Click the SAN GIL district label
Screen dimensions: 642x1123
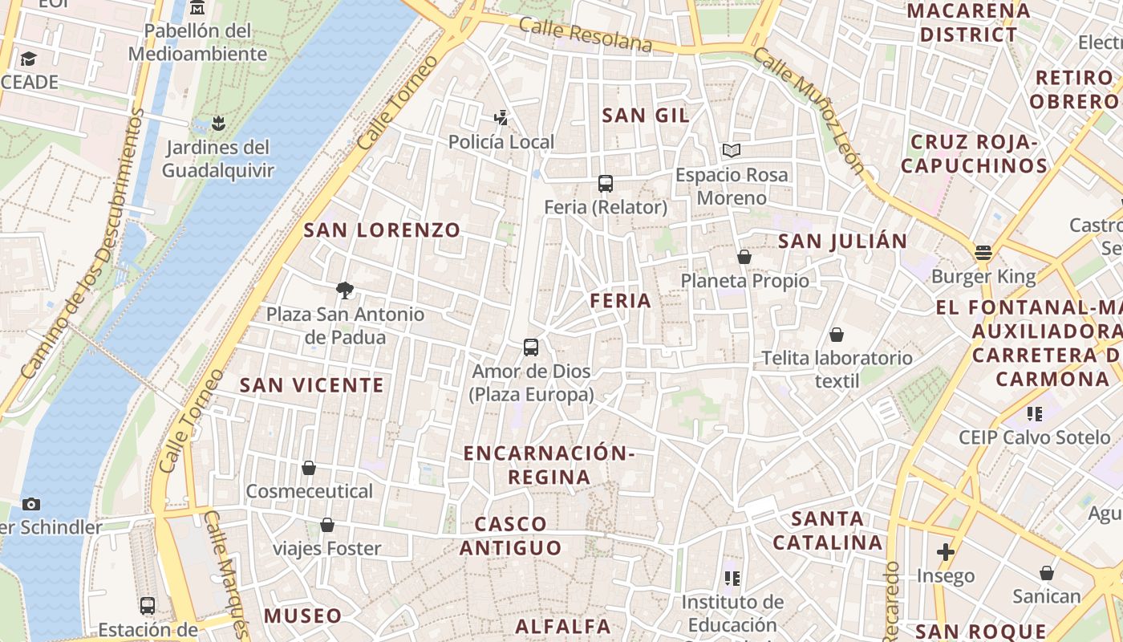[x=645, y=116]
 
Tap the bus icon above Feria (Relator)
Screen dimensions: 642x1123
[x=606, y=184]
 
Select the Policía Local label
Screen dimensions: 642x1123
[x=501, y=142]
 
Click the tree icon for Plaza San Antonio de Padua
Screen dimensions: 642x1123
[x=345, y=291]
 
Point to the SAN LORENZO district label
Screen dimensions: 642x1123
[x=382, y=231]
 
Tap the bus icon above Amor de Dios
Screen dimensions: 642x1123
[x=531, y=347]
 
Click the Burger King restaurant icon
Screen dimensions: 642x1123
[x=983, y=253]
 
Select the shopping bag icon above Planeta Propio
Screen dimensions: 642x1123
[x=744, y=257]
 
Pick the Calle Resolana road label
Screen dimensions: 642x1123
[x=585, y=35]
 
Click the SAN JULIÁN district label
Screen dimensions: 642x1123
[x=842, y=242]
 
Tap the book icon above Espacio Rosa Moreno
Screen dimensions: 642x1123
[x=731, y=150]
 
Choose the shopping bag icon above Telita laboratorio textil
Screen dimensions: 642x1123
[x=837, y=334]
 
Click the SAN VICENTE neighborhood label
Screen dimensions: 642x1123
[x=312, y=385]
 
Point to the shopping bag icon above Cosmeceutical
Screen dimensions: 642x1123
[x=309, y=467]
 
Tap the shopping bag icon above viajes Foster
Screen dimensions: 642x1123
[x=327, y=525]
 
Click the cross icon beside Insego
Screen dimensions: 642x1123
[x=946, y=552]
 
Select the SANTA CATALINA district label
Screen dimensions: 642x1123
[x=828, y=530]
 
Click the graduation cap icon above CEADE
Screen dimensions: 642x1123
[x=29, y=59]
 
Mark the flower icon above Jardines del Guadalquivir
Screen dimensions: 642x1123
[x=217, y=124]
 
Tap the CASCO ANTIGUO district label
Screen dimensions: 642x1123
[x=510, y=536]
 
